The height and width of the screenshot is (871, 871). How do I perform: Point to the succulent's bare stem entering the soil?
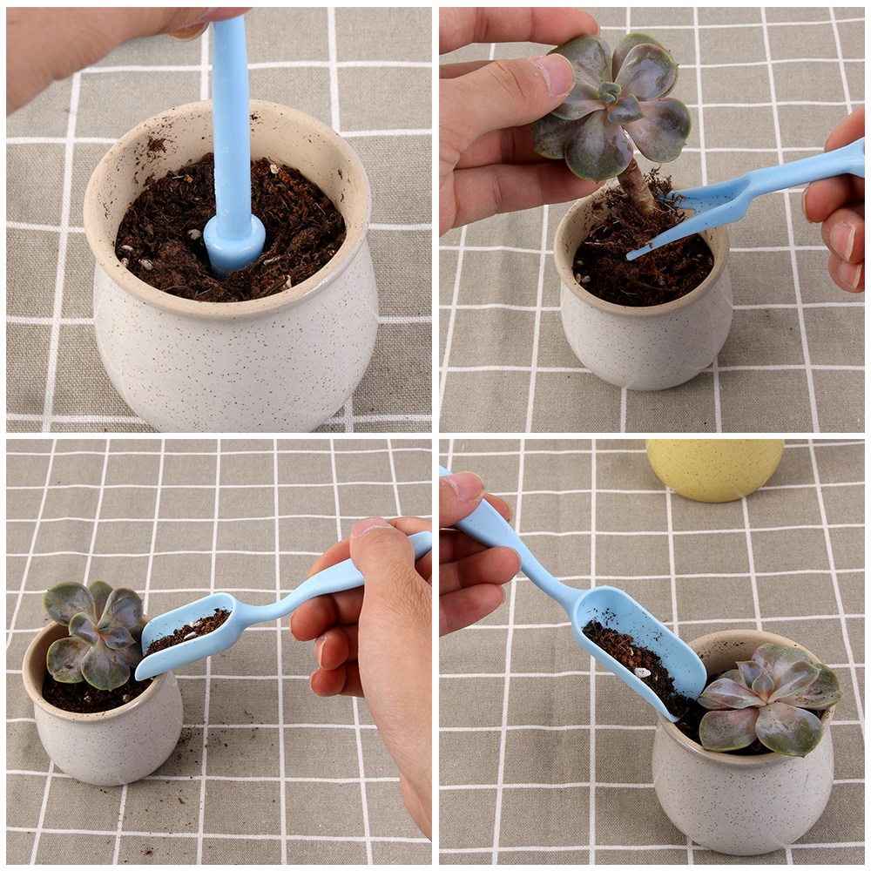(638, 189)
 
